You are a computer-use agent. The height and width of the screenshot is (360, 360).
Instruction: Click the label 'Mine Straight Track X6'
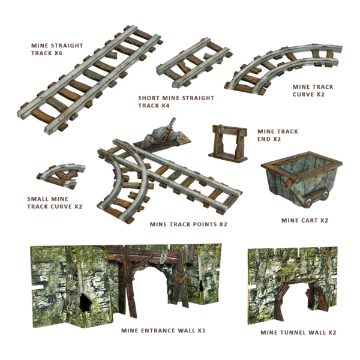tap(57, 49)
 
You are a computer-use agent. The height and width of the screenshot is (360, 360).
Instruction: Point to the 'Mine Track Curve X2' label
tap(312, 91)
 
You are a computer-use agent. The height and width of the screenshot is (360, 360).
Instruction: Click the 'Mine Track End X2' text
tap(277, 134)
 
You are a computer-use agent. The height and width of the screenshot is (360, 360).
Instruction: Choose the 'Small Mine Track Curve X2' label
tap(55, 202)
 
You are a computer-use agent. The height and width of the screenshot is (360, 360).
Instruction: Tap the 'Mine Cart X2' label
tap(305, 220)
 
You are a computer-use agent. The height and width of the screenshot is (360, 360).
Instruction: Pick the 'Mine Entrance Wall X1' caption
tap(164, 330)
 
